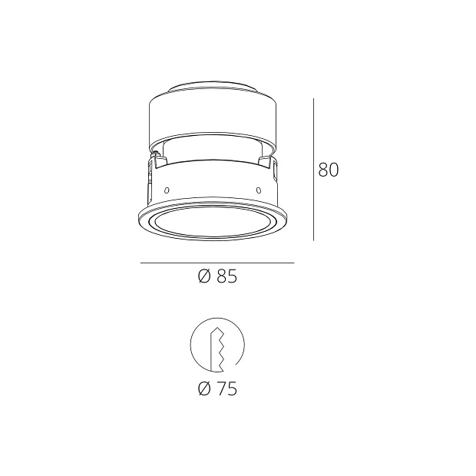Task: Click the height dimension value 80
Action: coord(329,170)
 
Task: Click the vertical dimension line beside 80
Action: coord(313,169)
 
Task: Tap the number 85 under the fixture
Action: coord(226,277)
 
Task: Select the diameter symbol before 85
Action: coord(203,277)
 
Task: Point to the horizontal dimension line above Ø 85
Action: coord(217,263)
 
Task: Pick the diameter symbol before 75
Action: coord(203,388)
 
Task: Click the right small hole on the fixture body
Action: coord(259,190)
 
